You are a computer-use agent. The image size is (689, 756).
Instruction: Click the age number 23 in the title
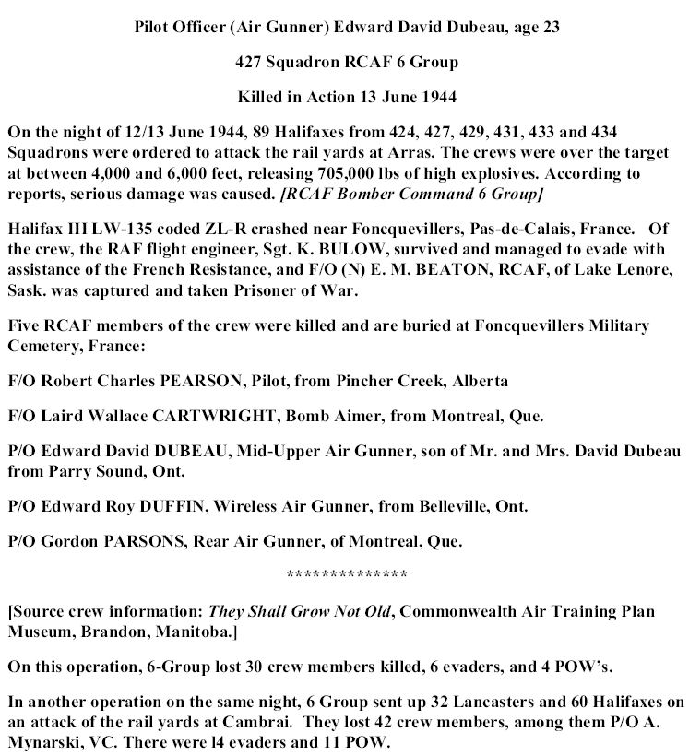(547, 27)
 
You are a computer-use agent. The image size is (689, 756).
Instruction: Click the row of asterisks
(347, 575)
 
